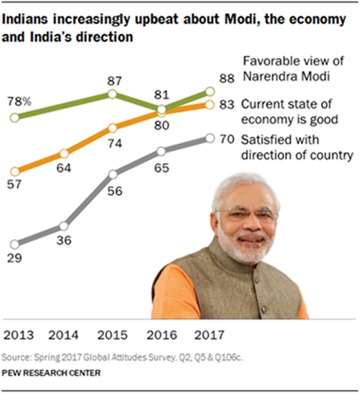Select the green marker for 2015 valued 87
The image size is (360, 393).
(x=112, y=94)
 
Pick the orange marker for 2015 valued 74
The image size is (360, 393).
(x=112, y=128)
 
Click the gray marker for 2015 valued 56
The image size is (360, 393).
(x=112, y=174)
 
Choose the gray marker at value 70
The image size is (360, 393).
(x=210, y=138)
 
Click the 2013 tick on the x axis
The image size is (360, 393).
(x=20, y=336)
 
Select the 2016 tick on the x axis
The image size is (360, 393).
(x=162, y=336)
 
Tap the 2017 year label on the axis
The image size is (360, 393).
(x=210, y=336)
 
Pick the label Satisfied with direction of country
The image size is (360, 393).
(x=292, y=146)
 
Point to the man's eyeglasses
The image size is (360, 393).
(x=245, y=213)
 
